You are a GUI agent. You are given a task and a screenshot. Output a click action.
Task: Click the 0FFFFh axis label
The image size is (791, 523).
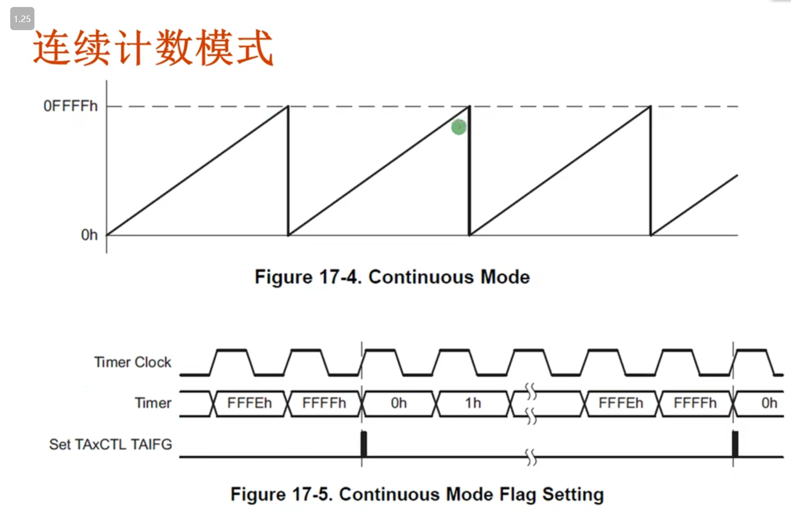70,106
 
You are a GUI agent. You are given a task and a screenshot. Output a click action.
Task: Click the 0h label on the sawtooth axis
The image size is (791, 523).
89,235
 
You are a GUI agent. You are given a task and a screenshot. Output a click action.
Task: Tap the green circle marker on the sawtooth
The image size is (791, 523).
458,127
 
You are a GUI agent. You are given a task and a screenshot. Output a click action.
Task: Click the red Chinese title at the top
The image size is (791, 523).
153,48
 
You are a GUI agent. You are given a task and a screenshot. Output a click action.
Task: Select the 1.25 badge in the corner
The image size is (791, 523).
22,19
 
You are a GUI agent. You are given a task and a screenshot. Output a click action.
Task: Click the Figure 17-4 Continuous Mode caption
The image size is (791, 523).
392,277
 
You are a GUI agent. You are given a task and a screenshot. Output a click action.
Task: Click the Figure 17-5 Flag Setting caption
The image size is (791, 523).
417,494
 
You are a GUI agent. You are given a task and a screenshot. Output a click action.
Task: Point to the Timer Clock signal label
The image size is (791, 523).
132,362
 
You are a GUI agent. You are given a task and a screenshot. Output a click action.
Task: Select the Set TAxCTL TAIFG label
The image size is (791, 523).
110,444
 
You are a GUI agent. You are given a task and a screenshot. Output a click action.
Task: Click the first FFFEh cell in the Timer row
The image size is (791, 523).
249,403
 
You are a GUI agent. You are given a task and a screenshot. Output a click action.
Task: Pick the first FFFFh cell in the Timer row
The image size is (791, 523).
324,403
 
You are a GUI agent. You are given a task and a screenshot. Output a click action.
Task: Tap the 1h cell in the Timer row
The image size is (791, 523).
473,403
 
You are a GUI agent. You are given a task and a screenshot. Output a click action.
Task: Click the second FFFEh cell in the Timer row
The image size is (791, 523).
620,403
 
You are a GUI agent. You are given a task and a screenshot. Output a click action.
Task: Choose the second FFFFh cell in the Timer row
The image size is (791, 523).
695,403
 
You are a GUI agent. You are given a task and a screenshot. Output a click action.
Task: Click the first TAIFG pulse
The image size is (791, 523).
364,444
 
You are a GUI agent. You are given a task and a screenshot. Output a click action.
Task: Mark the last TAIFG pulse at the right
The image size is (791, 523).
735,444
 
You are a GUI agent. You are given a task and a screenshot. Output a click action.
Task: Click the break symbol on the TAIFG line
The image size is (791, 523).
531,457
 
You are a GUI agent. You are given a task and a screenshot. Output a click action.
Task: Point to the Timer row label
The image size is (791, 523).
153,403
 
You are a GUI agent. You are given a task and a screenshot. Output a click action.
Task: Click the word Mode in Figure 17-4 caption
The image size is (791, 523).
505,277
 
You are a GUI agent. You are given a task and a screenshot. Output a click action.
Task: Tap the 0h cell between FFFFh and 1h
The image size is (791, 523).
399,403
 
